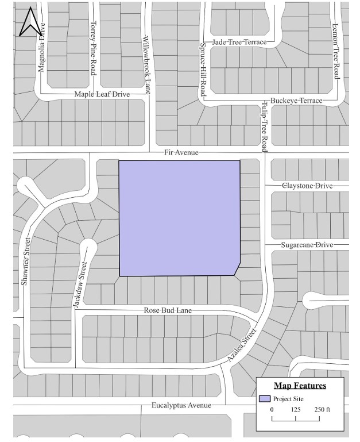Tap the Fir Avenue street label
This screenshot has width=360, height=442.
point(181,152)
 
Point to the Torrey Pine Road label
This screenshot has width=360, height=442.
point(93,48)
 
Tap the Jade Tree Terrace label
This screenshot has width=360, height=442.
point(239,43)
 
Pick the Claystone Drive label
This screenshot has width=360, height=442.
point(307,186)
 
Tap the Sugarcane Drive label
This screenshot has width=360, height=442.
point(307,245)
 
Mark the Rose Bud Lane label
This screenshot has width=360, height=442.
point(168,310)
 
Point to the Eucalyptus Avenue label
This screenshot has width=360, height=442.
point(181,405)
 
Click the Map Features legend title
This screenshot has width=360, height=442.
point(300,386)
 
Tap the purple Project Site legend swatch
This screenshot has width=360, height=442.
point(264,398)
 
